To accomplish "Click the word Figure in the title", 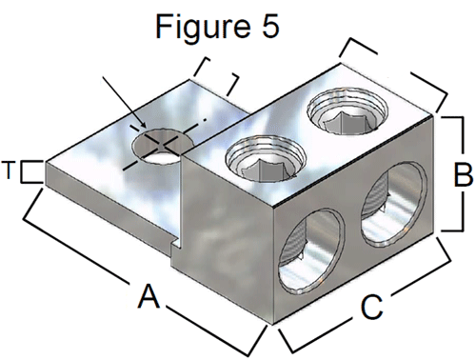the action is pos(203,28).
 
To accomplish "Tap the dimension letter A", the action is pos(148,296).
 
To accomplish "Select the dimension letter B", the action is pos(463,174).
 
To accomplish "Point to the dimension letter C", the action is pos(372,307).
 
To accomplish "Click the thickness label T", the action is pos(9,170).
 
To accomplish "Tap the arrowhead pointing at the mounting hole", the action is pos(142,125).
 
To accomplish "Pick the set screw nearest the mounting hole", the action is pos(266,159).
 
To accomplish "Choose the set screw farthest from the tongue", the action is pos(347,110).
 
